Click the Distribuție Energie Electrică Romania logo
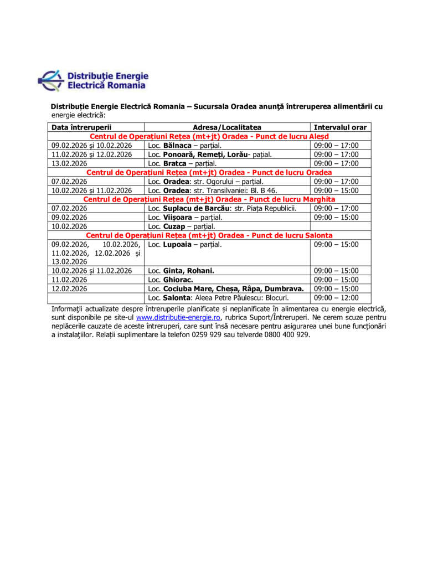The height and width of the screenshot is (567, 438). (x=93, y=80)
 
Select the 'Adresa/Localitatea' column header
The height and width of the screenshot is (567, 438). (x=227, y=127)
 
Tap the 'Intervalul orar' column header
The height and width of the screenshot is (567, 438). (x=340, y=127)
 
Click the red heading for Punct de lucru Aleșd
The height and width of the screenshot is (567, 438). (x=209, y=136)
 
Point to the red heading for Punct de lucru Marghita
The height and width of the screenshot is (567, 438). (x=209, y=199)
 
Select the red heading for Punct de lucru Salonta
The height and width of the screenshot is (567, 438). (x=209, y=235)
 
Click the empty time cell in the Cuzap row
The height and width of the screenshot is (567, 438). (x=340, y=226)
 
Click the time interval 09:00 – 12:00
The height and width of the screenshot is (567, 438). (x=336, y=298)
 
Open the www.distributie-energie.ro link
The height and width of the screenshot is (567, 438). (x=179, y=318)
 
